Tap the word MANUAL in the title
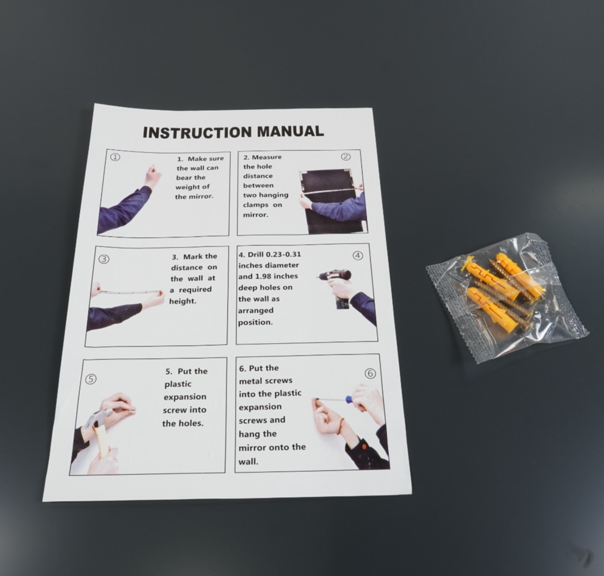click(290, 131)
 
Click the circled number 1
click(116, 157)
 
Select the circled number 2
click(346, 157)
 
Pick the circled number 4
click(358, 256)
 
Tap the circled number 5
click(91, 379)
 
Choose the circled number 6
click(370, 374)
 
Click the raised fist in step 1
click(153, 175)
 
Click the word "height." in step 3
click(183, 301)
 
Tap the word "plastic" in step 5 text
click(178, 384)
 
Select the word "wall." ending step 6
click(248, 461)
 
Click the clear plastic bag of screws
click(507, 297)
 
